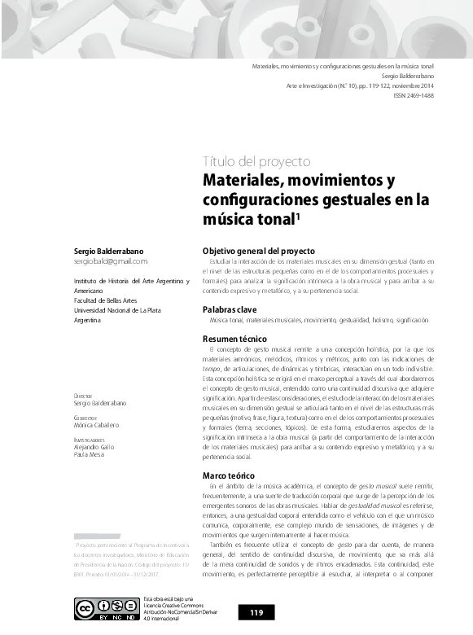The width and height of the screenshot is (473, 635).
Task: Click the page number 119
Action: click(x=256, y=612)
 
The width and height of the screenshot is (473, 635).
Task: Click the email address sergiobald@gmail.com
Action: click(x=111, y=261)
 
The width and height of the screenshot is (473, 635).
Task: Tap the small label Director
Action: click(x=82, y=396)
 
